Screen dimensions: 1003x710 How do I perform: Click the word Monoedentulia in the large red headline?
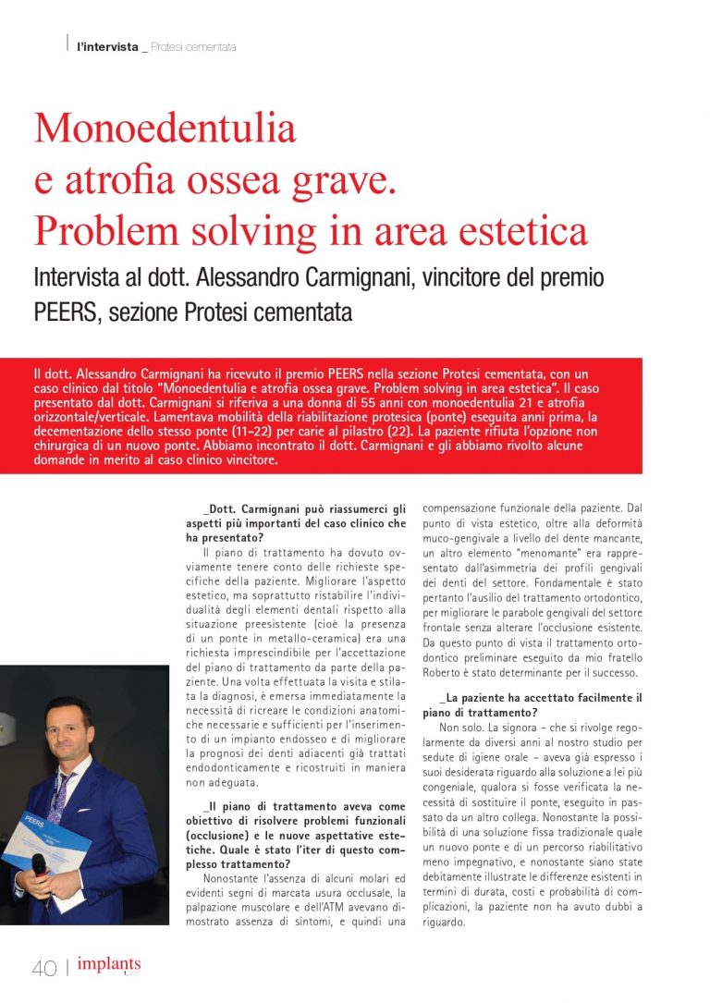click(x=165, y=128)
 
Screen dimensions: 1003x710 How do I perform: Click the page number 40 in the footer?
click(x=44, y=967)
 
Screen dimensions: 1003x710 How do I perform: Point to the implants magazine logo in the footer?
click(x=109, y=965)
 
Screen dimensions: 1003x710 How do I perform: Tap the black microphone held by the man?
click(x=40, y=864)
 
